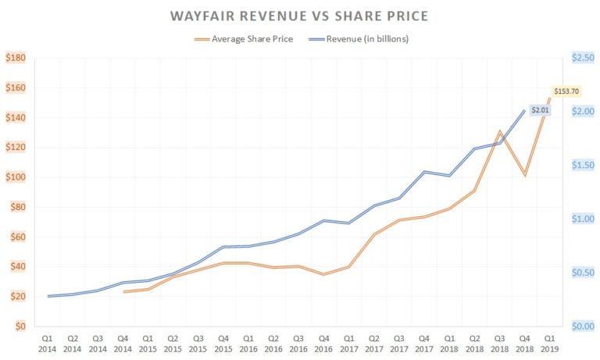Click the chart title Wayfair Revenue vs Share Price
[300, 16]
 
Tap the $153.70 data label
[566, 91]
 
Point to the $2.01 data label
[541, 111]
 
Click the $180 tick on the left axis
[16, 58]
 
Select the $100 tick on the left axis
[16, 177]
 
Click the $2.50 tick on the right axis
[582, 58]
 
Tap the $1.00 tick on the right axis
[582, 219]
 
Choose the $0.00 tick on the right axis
[582, 326]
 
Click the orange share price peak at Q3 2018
[499, 131]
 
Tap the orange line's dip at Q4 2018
[524, 176]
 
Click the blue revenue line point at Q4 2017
[424, 172]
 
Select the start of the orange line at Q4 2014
[123, 292]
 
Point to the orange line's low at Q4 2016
[323, 274]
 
